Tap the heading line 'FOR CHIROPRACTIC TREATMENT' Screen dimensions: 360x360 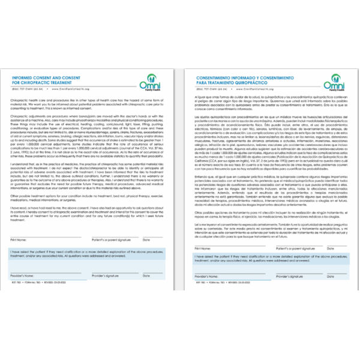pyautogui.click(x=41, y=83)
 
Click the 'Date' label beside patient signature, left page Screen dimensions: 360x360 pyautogui.click(x=145, y=239)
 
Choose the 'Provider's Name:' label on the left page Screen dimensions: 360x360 pyautogui.click(x=22, y=275)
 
